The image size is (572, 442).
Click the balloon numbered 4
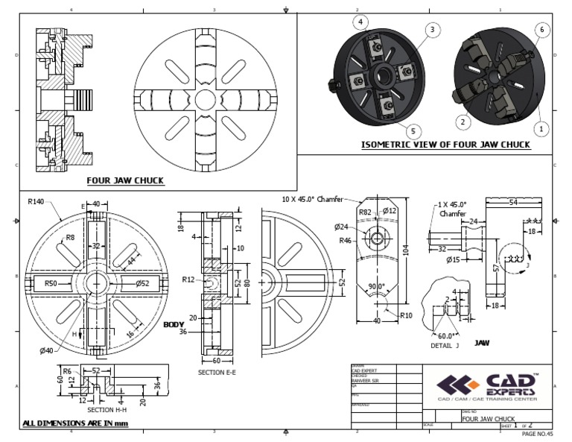(361, 22)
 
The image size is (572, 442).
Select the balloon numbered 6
(541, 29)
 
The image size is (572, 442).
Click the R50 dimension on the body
(52, 283)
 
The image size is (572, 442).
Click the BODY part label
(174, 325)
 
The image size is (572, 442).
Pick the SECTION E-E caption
(217, 372)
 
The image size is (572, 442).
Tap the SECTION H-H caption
(111, 410)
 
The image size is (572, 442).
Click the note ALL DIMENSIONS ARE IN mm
(75, 423)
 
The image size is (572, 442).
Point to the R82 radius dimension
(366, 212)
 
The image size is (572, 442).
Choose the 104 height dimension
(406, 251)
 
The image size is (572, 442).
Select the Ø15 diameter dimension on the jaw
(453, 259)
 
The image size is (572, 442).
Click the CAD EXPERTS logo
(489, 385)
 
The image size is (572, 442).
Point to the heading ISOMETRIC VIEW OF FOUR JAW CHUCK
(445, 145)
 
